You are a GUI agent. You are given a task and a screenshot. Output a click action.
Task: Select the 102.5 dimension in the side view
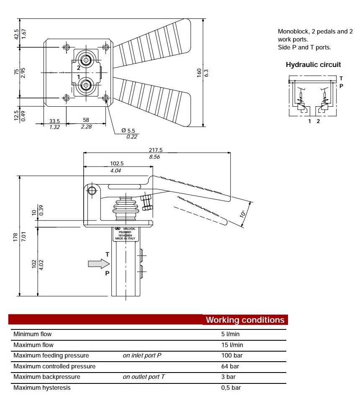click(x=116, y=164)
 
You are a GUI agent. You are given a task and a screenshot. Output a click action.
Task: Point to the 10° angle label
click(x=243, y=214)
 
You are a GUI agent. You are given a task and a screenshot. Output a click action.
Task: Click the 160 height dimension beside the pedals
click(x=199, y=72)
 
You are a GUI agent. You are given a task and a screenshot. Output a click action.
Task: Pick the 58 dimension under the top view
click(x=86, y=120)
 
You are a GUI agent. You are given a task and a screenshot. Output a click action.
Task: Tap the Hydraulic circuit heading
click(x=313, y=64)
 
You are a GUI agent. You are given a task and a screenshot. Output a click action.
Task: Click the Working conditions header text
click(x=245, y=320)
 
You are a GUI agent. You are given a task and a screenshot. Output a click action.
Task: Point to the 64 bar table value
click(x=230, y=366)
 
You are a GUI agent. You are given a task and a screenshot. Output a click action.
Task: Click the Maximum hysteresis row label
click(x=42, y=388)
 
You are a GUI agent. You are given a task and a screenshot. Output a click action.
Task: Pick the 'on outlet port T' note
click(x=144, y=377)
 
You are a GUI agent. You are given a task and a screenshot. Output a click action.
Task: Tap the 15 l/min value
click(x=232, y=345)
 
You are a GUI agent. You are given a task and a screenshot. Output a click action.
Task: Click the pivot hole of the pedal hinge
click(x=92, y=191)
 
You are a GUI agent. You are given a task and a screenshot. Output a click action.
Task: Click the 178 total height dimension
click(x=16, y=236)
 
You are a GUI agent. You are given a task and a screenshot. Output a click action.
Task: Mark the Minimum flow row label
click(x=32, y=334)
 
